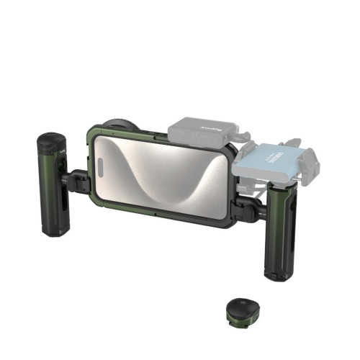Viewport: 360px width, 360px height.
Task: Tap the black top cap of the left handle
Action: [x=50, y=143]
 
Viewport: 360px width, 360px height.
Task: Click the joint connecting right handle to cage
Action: [x=248, y=209]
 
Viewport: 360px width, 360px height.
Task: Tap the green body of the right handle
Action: [x=280, y=230]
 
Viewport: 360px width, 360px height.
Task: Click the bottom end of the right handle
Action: [x=279, y=275]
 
